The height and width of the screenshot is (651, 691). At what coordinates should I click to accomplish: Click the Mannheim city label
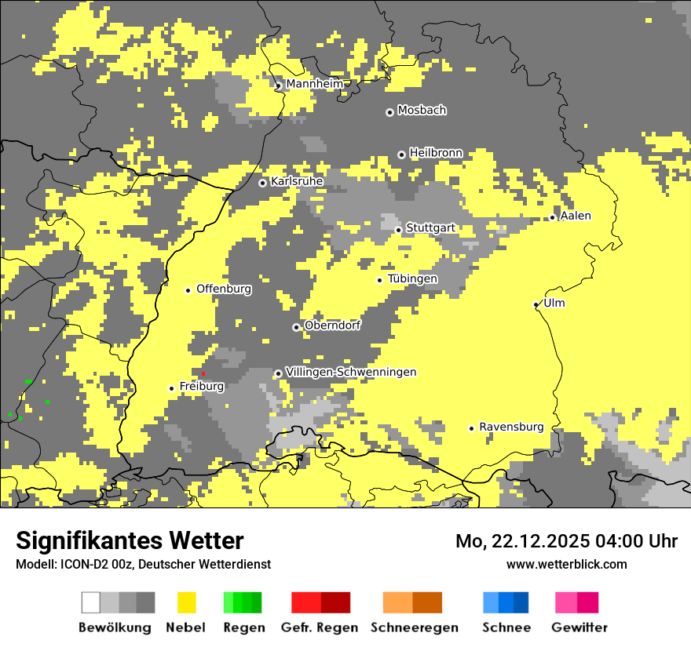coord(314,84)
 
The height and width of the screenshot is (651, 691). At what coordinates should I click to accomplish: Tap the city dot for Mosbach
coord(389,112)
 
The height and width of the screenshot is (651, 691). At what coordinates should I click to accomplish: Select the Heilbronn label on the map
coord(436,153)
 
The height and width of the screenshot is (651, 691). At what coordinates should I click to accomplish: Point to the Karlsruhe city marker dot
coord(263,183)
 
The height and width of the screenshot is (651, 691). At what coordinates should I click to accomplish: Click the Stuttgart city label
coord(430,228)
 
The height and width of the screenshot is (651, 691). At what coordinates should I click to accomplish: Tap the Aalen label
coord(576,216)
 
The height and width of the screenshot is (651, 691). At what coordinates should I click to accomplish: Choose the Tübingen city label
coord(412,278)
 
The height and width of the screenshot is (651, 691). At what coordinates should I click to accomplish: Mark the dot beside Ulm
coord(536,304)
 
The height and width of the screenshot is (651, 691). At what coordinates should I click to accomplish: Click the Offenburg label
coord(224,289)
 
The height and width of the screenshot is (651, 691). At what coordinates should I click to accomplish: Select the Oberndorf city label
coord(332,325)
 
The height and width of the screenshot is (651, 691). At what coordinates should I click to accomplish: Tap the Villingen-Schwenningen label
coord(351,372)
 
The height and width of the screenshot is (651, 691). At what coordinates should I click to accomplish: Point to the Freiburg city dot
coord(171,388)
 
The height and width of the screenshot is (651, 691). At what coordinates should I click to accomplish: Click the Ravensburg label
coord(511,427)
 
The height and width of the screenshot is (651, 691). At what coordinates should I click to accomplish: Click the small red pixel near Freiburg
coord(203,373)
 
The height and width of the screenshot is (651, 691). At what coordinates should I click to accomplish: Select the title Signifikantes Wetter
coord(130,541)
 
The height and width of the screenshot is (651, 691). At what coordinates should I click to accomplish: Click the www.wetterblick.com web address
coord(566,564)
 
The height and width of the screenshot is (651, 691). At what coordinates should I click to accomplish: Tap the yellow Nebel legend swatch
coord(187,602)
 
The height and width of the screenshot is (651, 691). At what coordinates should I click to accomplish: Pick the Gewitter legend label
coord(579,627)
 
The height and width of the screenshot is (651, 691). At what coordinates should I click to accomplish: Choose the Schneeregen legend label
coord(415,627)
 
